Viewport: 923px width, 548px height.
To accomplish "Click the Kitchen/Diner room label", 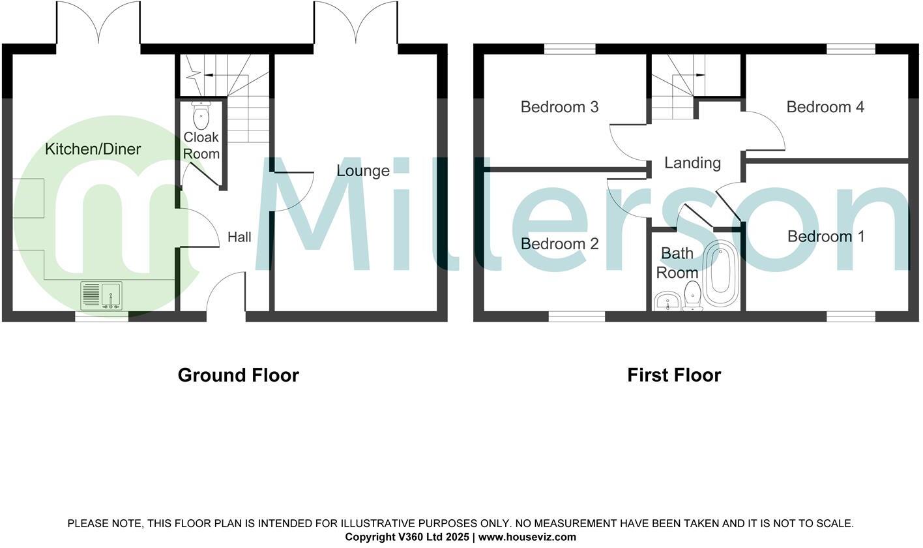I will [93, 149].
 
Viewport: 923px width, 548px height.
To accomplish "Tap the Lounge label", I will [363, 171].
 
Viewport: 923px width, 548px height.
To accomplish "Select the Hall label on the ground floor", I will [239, 237].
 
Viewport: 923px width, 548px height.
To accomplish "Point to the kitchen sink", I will [101, 296].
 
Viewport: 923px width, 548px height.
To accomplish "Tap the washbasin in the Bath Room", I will [666, 302].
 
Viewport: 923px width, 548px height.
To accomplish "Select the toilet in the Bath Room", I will [692, 297].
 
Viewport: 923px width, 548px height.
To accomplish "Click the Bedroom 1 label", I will [826, 237].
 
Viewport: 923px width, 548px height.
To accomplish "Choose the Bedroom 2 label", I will [559, 244].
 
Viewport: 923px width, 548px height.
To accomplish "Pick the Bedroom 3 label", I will [559, 107].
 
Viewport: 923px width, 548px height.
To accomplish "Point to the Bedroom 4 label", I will [825, 107].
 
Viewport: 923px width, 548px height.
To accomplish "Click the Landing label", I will [692, 163].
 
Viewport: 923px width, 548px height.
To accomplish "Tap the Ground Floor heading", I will [238, 376].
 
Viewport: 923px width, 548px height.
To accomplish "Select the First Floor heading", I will [674, 376].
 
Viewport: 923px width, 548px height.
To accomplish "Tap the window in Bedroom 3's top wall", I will [570, 49].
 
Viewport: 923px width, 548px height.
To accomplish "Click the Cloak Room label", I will [201, 145].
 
